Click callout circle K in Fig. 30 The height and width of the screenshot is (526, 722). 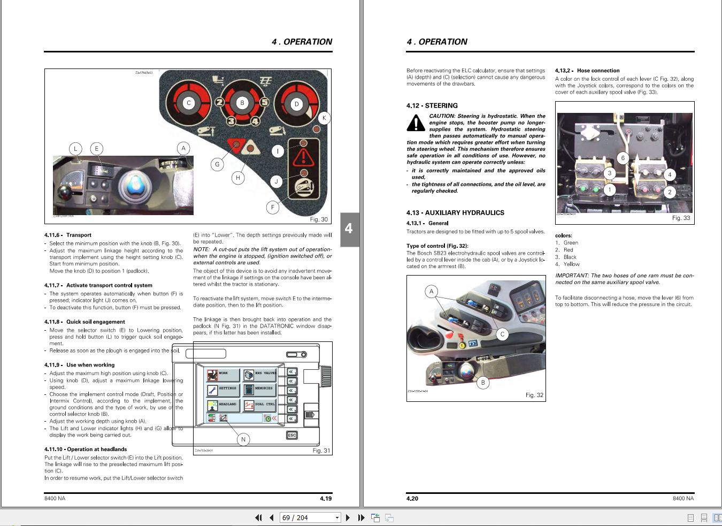pyautogui.click(x=324, y=118)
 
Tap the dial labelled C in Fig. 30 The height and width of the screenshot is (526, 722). pyautogui.click(x=188, y=103)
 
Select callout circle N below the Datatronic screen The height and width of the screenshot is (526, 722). pyautogui.click(x=243, y=439)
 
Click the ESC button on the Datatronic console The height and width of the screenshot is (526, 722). pyautogui.click(x=291, y=435)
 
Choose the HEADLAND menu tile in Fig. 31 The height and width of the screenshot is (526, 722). pyautogui.click(x=222, y=405)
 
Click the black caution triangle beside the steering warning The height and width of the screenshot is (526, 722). pyautogui.click(x=416, y=123)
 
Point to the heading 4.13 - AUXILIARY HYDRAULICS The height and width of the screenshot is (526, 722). pyautogui.click(x=455, y=212)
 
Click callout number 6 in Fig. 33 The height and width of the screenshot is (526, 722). pyautogui.click(x=623, y=158)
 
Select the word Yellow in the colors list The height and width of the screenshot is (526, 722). pyautogui.click(x=571, y=264)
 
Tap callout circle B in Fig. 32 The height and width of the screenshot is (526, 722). pyautogui.click(x=483, y=383)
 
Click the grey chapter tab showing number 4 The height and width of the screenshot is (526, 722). pyautogui.click(x=349, y=229)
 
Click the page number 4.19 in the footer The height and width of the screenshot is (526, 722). pyautogui.click(x=326, y=498)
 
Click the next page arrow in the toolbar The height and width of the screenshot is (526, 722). pyautogui.click(x=348, y=517)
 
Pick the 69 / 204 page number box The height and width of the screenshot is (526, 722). pyautogui.click(x=310, y=517)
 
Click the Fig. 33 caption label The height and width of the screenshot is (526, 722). pyautogui.click(x=681, y=218)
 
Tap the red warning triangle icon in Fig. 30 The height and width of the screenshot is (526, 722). pyautogui.click(x=303, y=157)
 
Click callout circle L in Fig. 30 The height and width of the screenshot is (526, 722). pyautogui.click(x=75, y=149)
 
